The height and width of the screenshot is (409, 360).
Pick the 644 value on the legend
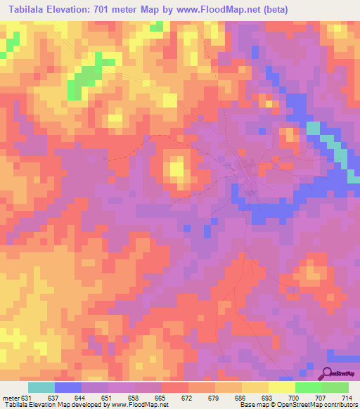82,397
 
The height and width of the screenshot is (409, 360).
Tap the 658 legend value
136,397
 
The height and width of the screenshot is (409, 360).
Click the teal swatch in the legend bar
41,387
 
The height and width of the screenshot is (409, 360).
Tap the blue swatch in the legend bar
68,387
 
